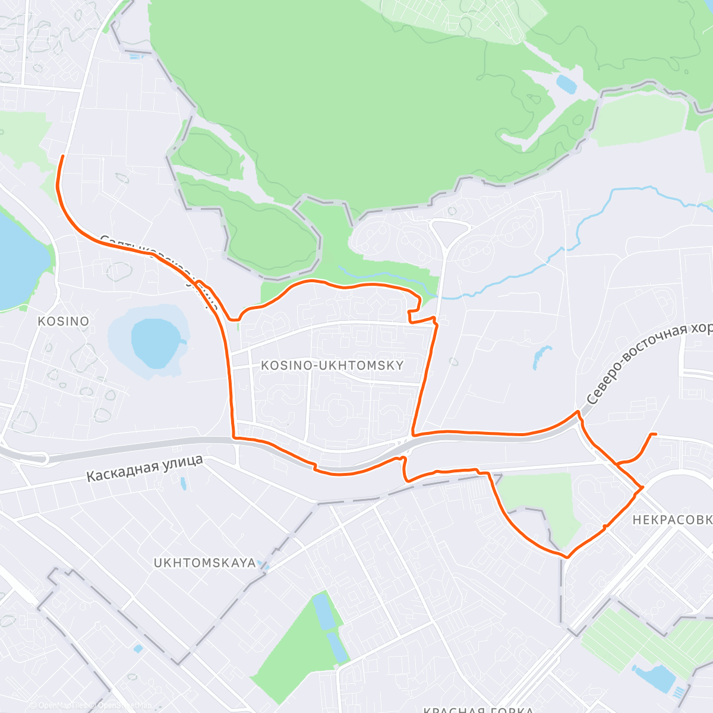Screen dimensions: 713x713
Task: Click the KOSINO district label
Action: [63, 321]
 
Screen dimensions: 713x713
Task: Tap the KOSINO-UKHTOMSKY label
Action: [332, 365]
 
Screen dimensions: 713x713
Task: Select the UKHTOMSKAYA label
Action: [204, 563]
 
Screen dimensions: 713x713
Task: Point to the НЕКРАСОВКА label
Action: [672, 520]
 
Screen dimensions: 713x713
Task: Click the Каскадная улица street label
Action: [145, 468]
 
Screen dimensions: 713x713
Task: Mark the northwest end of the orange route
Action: [62, 156]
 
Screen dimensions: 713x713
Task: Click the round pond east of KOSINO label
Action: [154, 343]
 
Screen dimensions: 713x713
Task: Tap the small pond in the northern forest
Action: [566, 84]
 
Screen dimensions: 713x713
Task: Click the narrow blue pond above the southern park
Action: [324, 612]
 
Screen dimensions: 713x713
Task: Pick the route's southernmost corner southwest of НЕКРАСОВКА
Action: [567, 557]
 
